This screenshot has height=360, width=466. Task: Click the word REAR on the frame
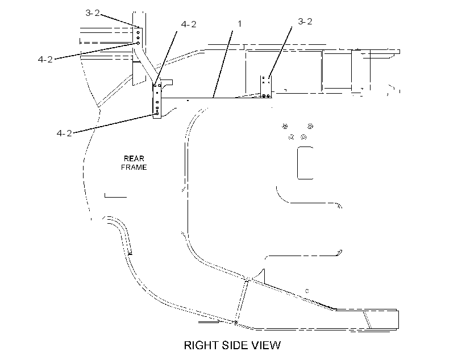point(134,158)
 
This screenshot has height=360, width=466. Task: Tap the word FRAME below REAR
point(134,168)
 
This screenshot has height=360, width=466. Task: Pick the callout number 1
point(240,24)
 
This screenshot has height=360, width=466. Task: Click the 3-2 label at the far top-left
point(93,13)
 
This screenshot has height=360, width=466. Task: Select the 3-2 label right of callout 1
point(305,22)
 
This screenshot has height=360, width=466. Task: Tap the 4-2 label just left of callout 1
point(189,24)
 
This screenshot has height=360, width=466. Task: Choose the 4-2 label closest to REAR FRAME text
point(64,133)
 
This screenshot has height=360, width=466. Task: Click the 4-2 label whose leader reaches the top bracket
point(45,60)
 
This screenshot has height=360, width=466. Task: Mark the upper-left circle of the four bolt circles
point(285,127)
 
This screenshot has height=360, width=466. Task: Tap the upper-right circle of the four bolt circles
point(310,126)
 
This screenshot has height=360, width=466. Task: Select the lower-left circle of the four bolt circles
point(291,137)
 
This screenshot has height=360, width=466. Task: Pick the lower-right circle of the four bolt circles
point(303,137)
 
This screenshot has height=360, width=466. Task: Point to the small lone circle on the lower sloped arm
point(307,291)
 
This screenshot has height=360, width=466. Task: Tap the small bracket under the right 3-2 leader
point(266,87)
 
